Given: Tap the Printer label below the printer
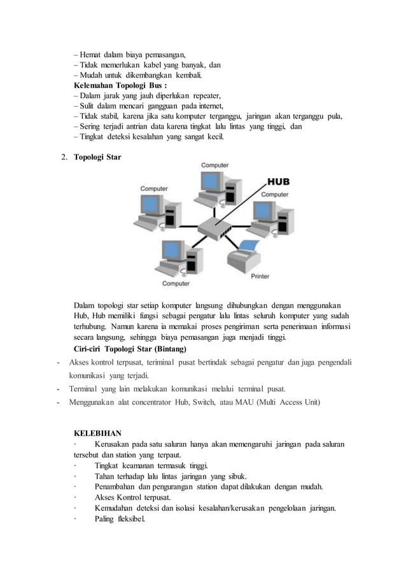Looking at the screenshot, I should (260, 276).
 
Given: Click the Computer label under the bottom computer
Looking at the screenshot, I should (175, 283).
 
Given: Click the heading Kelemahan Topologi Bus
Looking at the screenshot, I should (120, 85).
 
